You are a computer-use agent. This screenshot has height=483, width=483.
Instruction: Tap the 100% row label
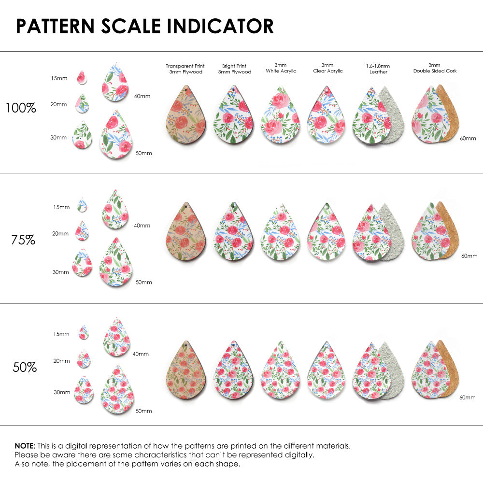pos(21,108)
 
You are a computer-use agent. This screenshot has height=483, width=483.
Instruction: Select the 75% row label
pos(23,239)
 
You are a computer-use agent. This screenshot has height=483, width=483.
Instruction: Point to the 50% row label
pos(25,367)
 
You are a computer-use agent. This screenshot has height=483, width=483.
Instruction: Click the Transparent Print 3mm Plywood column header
pos(185,69)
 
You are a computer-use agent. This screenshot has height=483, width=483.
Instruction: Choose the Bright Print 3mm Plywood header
pos(234,69)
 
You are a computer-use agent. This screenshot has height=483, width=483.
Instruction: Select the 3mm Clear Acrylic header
pos(327,68)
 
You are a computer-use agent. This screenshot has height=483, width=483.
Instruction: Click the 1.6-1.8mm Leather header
pos(378,69)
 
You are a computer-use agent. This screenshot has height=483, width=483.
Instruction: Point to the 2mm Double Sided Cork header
pos(435,68)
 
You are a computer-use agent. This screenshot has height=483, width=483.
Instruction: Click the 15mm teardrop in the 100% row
pos(82,77)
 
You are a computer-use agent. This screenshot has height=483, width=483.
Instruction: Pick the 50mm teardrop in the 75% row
pos(116,263)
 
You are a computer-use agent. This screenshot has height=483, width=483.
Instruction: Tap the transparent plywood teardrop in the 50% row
pos(186,370)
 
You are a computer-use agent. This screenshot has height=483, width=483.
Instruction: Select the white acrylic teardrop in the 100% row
pos(281,116)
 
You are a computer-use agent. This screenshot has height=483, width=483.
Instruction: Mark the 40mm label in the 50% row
pos(141,354)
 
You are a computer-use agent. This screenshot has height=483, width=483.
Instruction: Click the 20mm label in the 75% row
pos(60,233)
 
